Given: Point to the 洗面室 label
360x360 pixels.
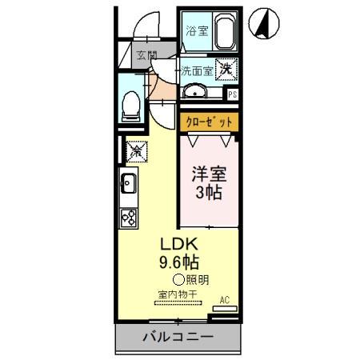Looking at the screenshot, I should [x=196, y=70].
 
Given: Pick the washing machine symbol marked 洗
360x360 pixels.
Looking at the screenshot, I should [x=226, y=70].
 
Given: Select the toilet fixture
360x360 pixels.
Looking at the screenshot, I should [x=131, y=104].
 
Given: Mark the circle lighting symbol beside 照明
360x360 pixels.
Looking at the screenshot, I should [x=178, y=279].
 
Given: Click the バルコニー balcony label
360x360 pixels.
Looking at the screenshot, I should [x=178, y=337].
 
